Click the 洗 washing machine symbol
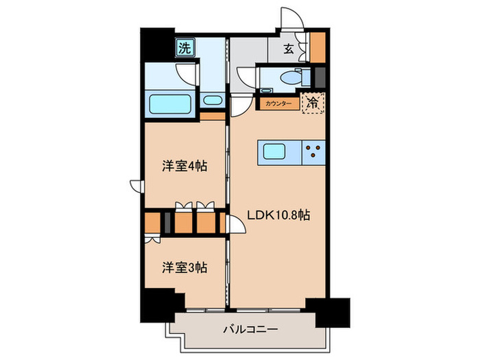click(x=184, y=48)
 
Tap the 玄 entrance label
click(x=289, y=48)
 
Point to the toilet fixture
click(x=289, y=78)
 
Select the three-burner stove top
click(x=314, y=152)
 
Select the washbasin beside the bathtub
click(x=213, y=101)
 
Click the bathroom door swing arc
click(x=187, y=73)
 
